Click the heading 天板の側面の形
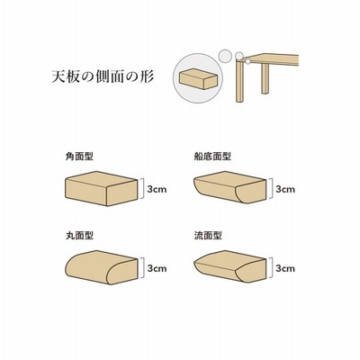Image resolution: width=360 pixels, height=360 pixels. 103,76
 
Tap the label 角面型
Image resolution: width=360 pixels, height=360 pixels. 79,156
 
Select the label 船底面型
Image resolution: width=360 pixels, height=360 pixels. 212,156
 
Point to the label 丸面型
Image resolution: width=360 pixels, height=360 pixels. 79,235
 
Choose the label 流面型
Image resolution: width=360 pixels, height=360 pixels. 208,235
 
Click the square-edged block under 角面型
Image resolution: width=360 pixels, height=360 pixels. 102,188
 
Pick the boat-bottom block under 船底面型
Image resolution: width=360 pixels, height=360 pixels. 229,187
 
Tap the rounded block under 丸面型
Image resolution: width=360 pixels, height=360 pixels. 102,267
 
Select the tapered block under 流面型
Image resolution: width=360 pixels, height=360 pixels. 229,265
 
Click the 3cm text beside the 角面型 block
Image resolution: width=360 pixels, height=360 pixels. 157,189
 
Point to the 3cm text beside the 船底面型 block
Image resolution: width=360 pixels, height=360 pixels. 285,189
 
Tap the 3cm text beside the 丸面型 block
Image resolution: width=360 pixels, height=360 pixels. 157,268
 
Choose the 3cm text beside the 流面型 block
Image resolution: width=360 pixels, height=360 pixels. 285,268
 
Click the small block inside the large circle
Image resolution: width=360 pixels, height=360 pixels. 198,78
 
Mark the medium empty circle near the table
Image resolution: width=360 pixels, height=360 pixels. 225,56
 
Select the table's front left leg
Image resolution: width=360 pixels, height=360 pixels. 239,81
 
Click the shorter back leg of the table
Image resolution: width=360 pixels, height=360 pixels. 265,78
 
